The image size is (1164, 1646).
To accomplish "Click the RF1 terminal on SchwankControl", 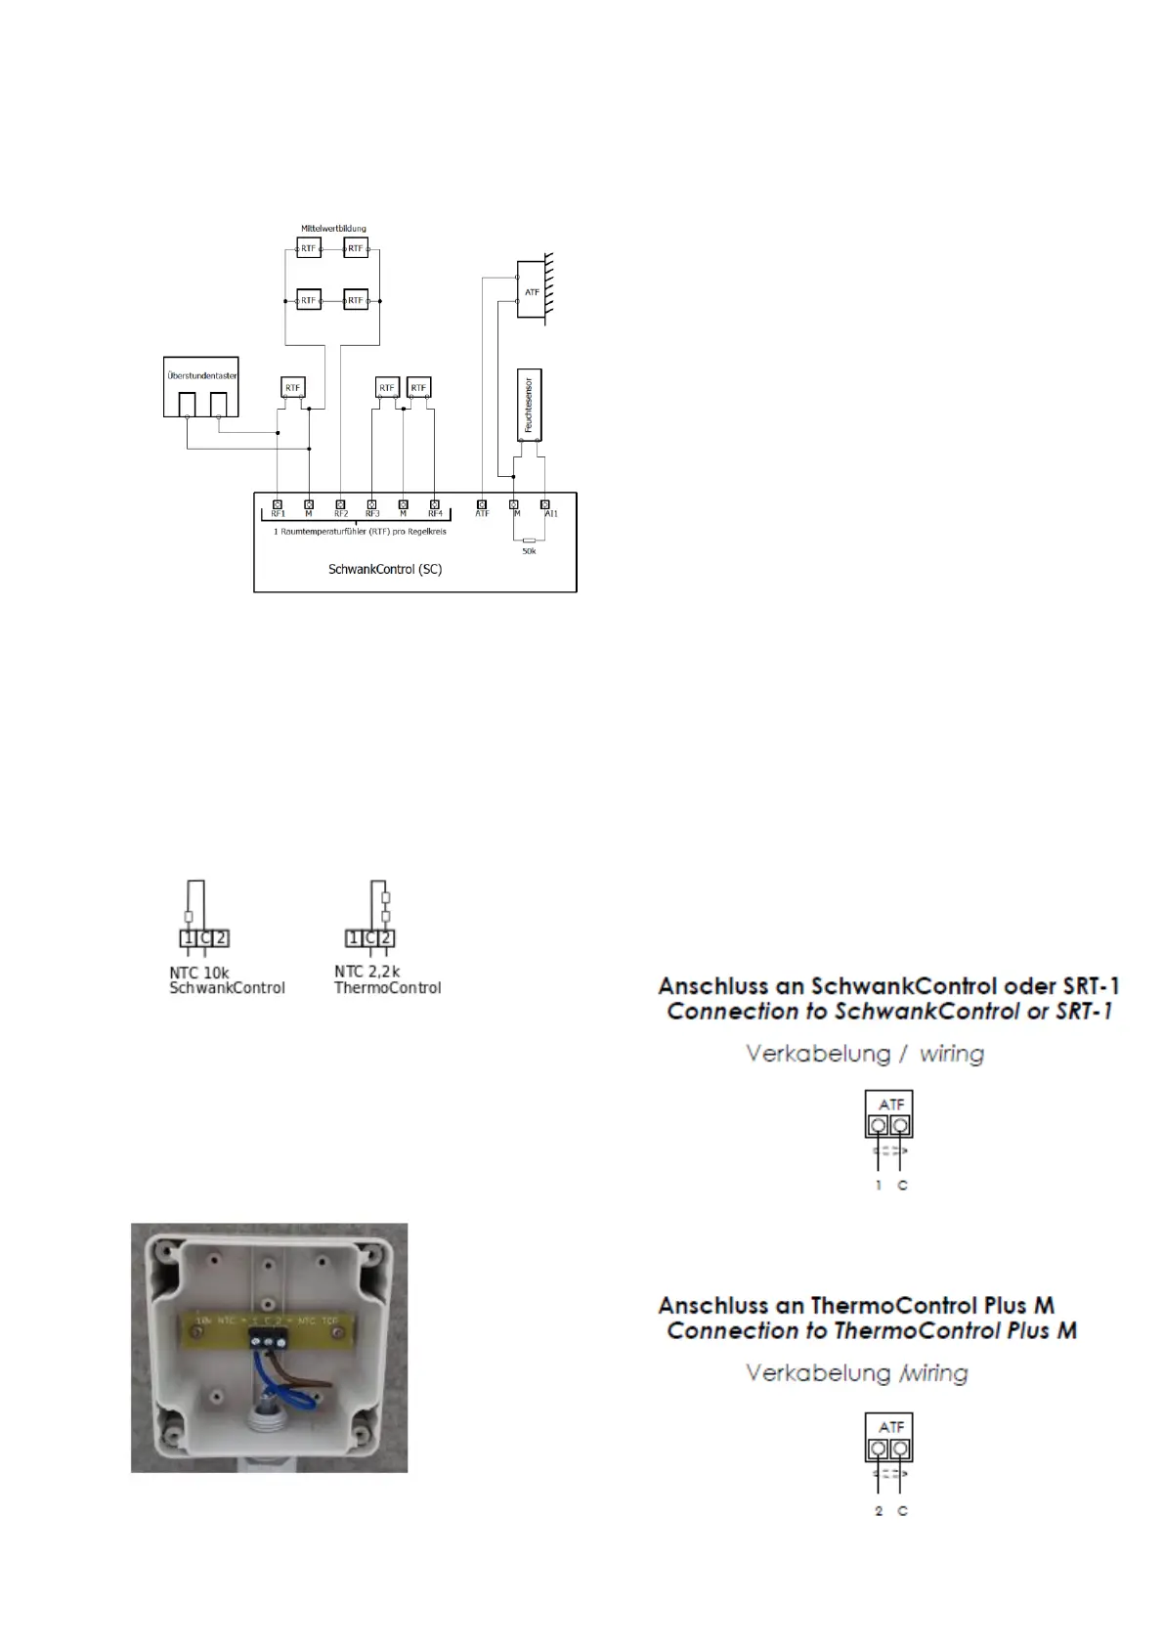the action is pyautogui.click(x=278, y=504).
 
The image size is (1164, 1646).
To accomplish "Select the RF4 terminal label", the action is pyautogui.click(x=435, y=514).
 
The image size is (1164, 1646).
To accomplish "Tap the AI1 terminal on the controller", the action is pyautogui.click(x=545, y=504).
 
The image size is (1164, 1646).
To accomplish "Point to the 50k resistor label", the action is pyautogui.click(x=529, y=552).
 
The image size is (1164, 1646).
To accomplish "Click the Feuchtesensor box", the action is pyautogui.click(x=529, y=405).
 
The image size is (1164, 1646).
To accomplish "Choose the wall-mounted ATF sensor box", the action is pyautogui.click(x=531, y=289).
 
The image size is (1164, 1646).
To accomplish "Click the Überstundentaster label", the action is pyautogui.click(x=201, y=375).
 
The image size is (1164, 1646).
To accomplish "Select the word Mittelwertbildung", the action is pyautogui.click(x=333, y=229).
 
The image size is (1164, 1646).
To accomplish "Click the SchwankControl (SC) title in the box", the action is pyautogui.click(x=385, y=569).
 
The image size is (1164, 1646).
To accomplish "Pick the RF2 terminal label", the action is pyautogui.click(x=341, y=514).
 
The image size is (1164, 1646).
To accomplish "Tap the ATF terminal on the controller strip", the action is pyautogui.click(x=481, y=504).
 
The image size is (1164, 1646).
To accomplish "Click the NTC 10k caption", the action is pyautogui.click(x=198, y=973).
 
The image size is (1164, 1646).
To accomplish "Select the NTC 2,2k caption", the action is pyautogui.click(x=366, y=972).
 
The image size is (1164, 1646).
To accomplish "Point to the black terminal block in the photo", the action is pyautogui.click(x=267, y=1334).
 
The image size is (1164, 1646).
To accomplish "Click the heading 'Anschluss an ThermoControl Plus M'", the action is pyautogui.click(x=855, y=1305).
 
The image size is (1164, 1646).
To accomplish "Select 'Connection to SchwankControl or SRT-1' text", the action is pyautogui.click(x=888, y=1012).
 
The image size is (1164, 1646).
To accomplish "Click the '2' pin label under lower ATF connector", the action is pyautogui.click(x=879, y=1511).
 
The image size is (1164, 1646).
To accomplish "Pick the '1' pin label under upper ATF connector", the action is pyautogui.click(x=878, y=1186).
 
